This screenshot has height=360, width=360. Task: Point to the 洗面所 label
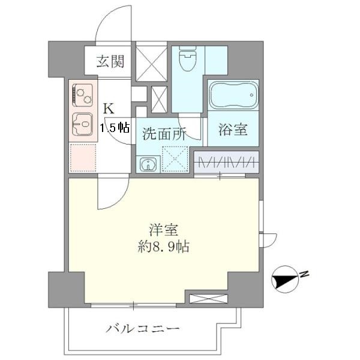pyautogui.click(x=164, y=134)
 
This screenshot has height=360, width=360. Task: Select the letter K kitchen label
pyautogui.click(x=109, y=109)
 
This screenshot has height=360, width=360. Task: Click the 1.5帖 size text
pyautogui.click(x=115, y=127)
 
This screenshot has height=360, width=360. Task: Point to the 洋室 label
pyautogui.click(x=164, y=230)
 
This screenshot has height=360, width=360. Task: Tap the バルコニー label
pyautogui.click(x=143, y=329)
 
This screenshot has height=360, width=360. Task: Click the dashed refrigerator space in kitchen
pyautogui.click(x=82, y=158)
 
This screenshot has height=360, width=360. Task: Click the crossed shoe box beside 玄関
pyautogui.click(x=151, y=61)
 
